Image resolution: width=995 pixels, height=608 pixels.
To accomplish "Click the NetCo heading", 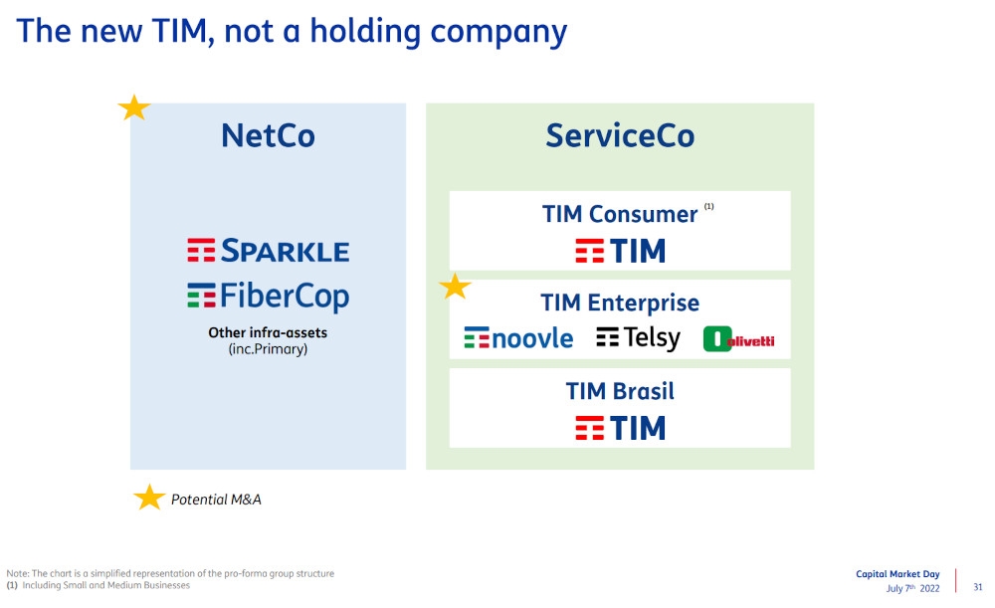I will [x=268, y=136].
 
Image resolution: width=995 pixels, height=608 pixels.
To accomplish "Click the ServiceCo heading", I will [x=619, y=136].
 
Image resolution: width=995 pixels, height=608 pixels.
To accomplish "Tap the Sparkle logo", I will [x=268, y=250].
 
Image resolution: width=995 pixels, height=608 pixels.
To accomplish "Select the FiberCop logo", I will [x=268, y=297].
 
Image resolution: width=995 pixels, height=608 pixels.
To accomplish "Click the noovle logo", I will [x=518, y=338].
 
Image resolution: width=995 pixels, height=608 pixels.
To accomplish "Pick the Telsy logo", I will [x=638, y=338].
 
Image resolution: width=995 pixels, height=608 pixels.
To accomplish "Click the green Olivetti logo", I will [x=738, y=340].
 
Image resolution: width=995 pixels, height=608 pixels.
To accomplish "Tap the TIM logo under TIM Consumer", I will [x=620, y=251].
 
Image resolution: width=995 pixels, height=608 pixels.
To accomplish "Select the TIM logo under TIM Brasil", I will [x=620, y=429].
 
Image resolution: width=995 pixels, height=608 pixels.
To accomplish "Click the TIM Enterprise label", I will [x=620, y=303].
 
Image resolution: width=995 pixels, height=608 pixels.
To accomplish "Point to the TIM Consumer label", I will [x=620, y=214].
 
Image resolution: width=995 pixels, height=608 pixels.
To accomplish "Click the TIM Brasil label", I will [x=620, y=391].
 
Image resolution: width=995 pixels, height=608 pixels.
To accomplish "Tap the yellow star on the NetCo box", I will [x=133, y=107].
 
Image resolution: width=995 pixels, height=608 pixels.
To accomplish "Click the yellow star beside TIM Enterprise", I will [x=455, y=287].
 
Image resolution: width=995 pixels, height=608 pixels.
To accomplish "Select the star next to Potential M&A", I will [x=148, y=498].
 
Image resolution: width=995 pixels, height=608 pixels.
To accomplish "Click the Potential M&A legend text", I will [x=216, y=500].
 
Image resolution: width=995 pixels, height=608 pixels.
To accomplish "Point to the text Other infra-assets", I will [x=268, y=333].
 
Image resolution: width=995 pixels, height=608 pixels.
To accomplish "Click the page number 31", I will [x=977, y=587].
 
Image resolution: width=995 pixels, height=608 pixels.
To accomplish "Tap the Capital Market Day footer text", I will [x=896, y=574].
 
